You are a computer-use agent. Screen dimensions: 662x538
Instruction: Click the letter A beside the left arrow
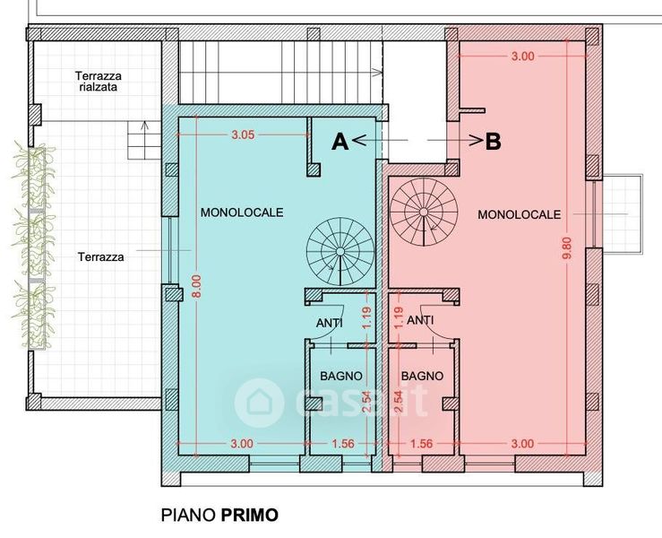(x=340, y=142)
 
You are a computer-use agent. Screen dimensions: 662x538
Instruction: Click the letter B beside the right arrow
(x=493, y=142)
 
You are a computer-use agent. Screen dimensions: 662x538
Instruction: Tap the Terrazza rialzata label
(x=99, y=82)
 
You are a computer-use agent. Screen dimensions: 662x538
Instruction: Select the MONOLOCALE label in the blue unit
(x=242, y=213)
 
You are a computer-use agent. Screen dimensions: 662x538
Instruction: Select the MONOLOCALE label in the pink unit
(x=520, y=214)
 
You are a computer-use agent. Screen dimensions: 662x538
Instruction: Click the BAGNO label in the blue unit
(x=341, y=376)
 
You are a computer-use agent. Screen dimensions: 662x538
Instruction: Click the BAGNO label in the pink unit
(x=422, y=376)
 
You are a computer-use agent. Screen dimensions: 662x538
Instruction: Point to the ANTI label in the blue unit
(x=330, y=323)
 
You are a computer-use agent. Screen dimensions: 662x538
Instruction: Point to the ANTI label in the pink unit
(x=420, y=320)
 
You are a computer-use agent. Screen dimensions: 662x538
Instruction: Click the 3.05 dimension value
(x=243, y=134)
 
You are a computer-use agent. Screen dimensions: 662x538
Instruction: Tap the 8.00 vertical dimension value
(x=197, y=286)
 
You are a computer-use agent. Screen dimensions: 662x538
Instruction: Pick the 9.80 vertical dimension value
(x=566, y=248)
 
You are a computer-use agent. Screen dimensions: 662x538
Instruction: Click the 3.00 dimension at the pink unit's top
(x=522, y=56)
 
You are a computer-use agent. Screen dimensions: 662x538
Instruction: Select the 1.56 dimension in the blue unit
(x=343, y=443)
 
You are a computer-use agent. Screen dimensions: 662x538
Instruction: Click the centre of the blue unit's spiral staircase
(x=340, y=252)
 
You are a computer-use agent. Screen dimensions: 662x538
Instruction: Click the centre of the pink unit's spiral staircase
(x=424, y=212)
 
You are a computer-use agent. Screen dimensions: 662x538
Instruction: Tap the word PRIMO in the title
(x=250, y=516)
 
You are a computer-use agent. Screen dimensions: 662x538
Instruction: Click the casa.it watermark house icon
(x=259, y=403)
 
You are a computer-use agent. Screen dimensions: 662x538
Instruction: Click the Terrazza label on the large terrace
(x=101, y=257)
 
